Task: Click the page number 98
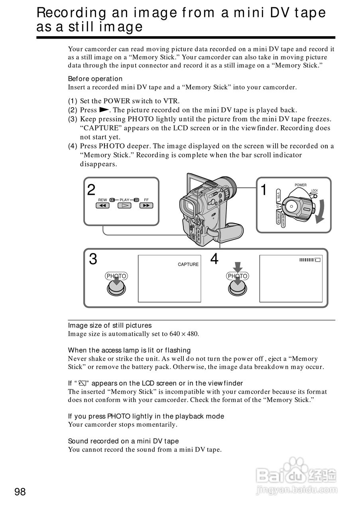coord(20,492)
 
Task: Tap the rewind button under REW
coord(102,206)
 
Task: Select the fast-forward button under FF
coord(146,206)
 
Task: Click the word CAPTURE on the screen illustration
coord(188,265)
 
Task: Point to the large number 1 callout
coord(264,190)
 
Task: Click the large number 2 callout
coord(91,190)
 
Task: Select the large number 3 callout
coord(93,259)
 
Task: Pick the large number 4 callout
coord(214,259)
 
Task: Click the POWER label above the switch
coord(301,185)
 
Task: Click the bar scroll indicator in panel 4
coord(309,260)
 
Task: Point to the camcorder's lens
coord(228,185)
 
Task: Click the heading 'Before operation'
coord(95,78)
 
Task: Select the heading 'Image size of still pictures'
coord(110,326)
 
